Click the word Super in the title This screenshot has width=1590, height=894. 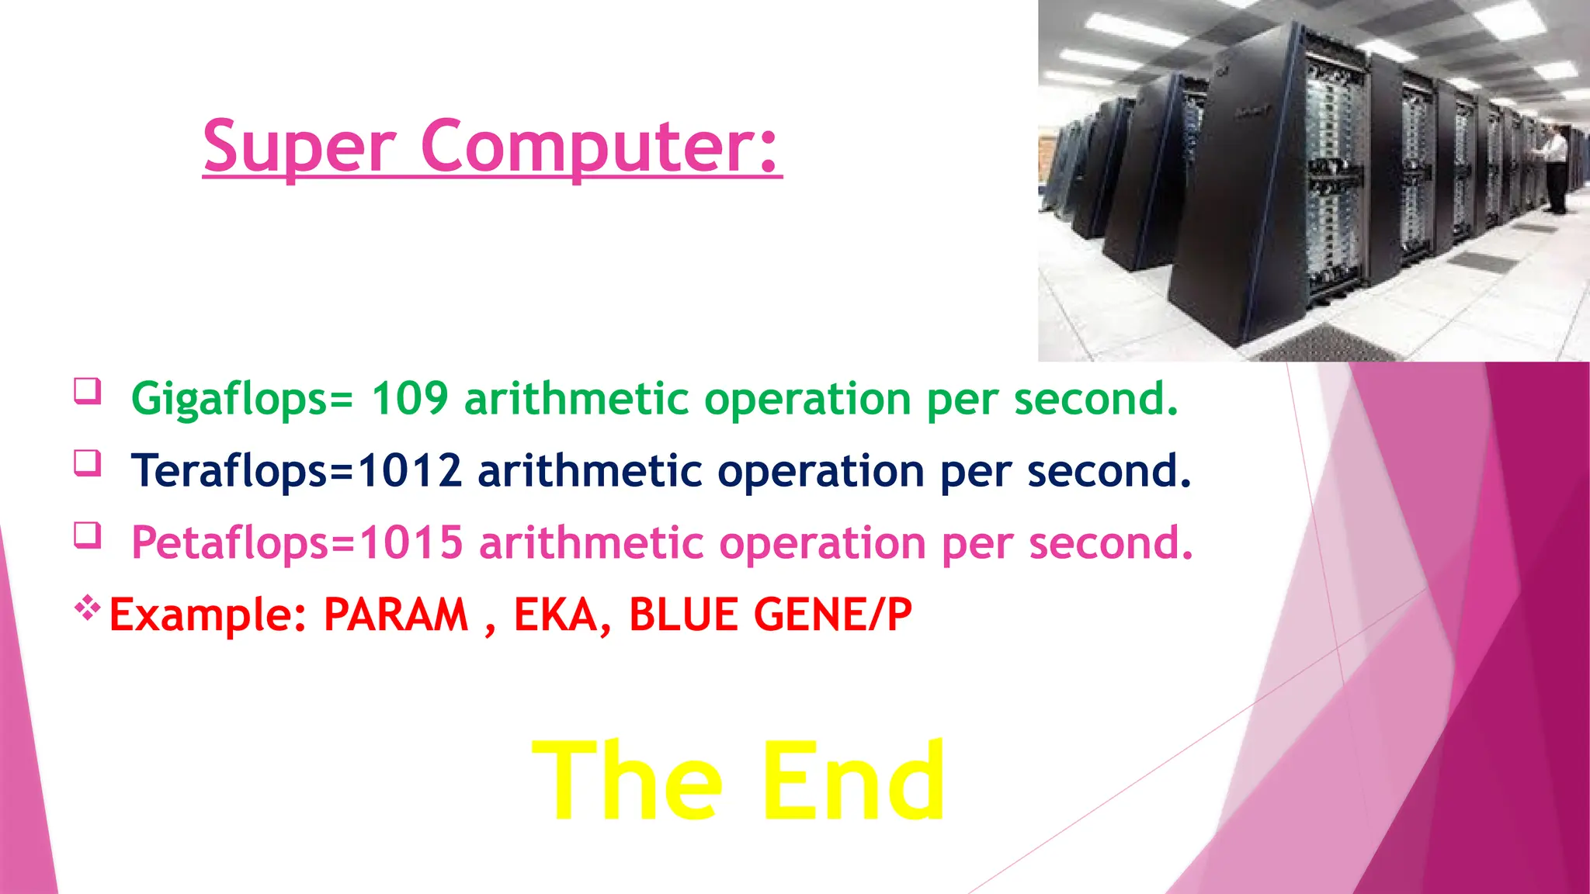(299, 147)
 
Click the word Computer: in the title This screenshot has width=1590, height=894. (600, 147)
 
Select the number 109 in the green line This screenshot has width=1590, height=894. (410, 399)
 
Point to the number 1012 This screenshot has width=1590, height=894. (410, 471)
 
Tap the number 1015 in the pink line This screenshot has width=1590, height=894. (411, 542)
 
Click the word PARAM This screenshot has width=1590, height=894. (396, 615)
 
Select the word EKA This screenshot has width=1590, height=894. (556, 615)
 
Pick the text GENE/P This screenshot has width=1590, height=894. (832, 615)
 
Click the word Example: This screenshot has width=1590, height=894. (208, 615)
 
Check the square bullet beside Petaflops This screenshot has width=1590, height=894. (88, 535)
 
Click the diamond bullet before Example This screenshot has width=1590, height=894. (88, 607)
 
